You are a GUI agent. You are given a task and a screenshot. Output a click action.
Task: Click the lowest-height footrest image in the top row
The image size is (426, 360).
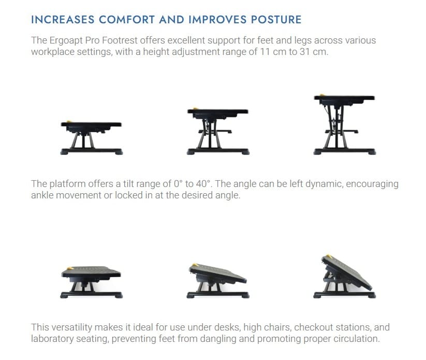[91, 138]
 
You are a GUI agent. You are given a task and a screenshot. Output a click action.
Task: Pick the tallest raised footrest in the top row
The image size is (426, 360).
[344, 124]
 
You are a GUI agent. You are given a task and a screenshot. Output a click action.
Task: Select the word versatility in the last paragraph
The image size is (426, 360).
[72, 327]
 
